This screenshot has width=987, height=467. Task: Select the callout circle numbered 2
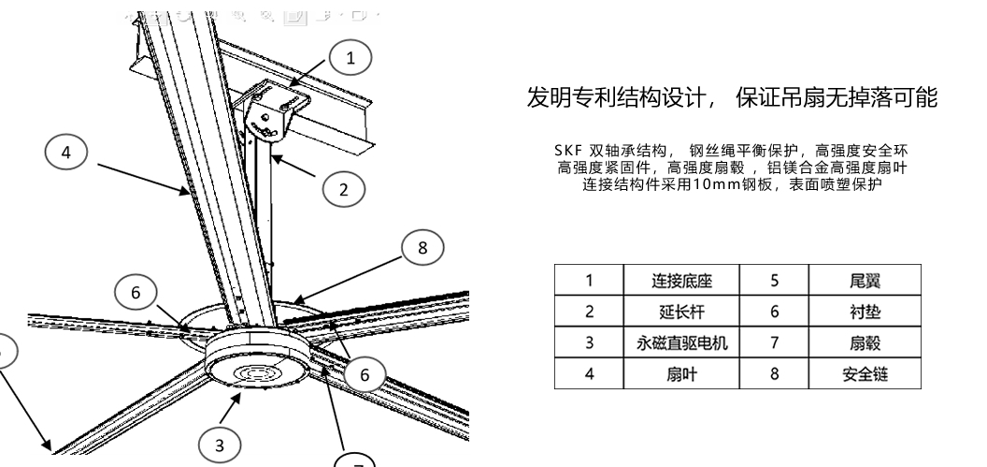tap(344, 188)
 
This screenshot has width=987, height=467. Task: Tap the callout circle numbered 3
tap(220, 445)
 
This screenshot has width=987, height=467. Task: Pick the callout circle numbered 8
tap(422, 248)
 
